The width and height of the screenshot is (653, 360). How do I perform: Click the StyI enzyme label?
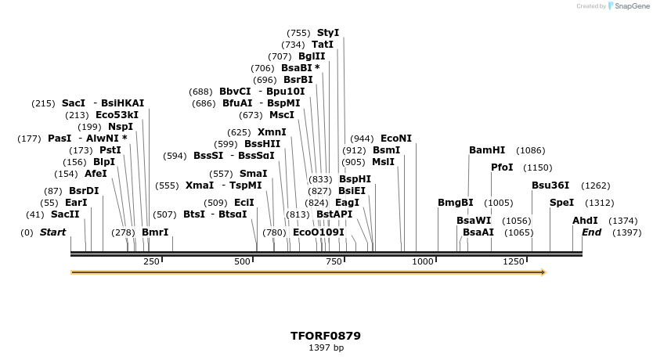click(x=328, y=33)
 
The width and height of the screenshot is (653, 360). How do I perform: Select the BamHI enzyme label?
click(x=487, y=150)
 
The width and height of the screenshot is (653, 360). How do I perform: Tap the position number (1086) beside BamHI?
click(x=531, y=150)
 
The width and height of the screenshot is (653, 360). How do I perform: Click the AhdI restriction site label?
click(x=585, y=221)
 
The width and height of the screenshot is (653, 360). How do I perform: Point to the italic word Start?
click(x=52, y=232)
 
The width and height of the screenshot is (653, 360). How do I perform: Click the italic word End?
click(x=592, y=232)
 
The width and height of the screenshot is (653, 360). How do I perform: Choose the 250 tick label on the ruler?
click(x=151, y=261)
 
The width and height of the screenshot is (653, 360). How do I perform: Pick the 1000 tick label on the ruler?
click(x=423, y=261)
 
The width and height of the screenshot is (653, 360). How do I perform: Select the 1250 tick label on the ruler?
click(x=514, y=261)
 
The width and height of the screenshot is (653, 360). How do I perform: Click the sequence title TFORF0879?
click(x=326, y=336)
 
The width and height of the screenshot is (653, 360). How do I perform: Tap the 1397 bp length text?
click(x=326, y=347)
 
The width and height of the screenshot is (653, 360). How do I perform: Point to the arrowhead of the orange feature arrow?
click(x=543, y=272)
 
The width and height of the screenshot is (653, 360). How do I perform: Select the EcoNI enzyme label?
click(x=396, y=139)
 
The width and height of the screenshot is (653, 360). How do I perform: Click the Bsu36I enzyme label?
click(x=550, y=185)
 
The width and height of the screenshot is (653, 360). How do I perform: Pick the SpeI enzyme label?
click(x=562, y=203)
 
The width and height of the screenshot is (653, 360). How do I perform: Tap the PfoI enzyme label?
click(x=502, y=167)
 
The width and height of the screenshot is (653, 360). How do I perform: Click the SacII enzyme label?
click(x=65, y=214)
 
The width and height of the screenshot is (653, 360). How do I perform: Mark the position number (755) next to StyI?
click(x=299, y=33)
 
